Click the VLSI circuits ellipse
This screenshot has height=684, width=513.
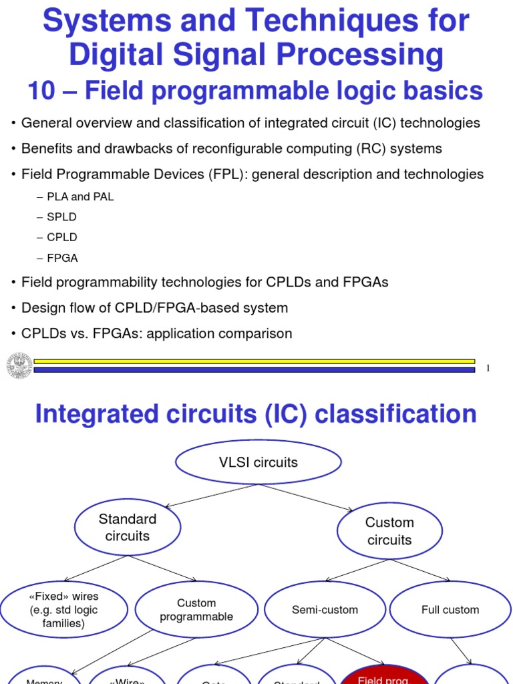pyautogui.click(x=258, y=462)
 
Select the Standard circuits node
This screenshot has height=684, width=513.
pyautogui.click(x=127, y=528)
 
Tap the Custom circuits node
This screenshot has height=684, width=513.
pyautogui.click(x=389, y=531)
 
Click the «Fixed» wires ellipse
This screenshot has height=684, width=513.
pyautogui.click(x=63, y=610)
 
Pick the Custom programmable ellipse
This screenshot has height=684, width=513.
pyautogui.click(x=196, y=610)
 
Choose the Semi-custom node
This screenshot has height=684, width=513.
pyautogui.click(x=325, y=610)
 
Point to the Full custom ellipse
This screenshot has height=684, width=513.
pyautogui.click(x=450, y=610)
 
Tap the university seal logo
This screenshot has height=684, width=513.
pyautogui.click(x=19, y=365)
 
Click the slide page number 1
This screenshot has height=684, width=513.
pyautogui.click(x=488, y=369)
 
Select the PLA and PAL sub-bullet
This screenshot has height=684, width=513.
pyautogui.click(x=80, y=197)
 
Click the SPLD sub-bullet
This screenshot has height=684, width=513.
pyautogui.click(x=63, y=217)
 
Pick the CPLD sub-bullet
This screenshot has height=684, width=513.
pyautogui.click(x=62, y=237)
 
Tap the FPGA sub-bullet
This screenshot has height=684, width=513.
pyautogui.click(x=62, y=258)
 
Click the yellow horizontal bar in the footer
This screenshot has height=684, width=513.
pyautogui.click(x=254, y=361)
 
